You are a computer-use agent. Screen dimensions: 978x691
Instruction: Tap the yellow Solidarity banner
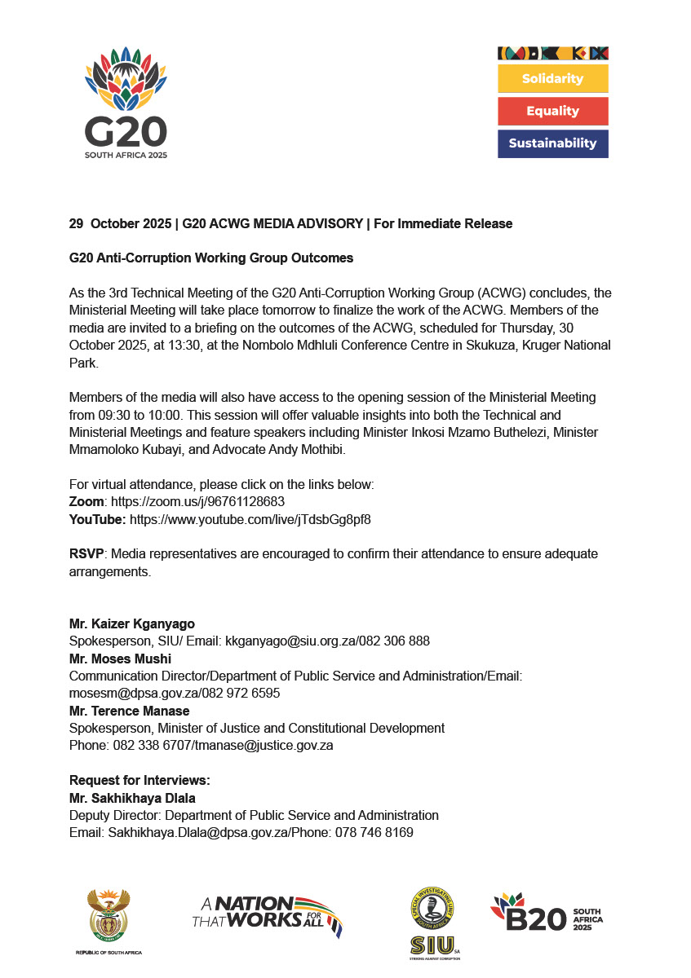(552, 79)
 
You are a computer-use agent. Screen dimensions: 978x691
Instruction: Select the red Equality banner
(552, 111)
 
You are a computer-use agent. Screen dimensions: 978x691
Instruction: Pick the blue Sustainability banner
(552, 143)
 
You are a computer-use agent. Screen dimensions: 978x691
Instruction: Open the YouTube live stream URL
(250, 519)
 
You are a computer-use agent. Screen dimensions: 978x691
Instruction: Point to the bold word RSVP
(86, 554)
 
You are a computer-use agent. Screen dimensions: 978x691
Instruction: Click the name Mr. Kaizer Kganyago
(132, 624)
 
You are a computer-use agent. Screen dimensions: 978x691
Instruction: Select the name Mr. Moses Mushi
(120, 659)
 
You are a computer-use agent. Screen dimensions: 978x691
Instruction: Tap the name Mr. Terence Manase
(129, 711)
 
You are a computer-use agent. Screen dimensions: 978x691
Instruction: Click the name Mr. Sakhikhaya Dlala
(132, 798)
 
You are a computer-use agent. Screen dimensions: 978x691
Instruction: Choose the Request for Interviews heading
(140, 781)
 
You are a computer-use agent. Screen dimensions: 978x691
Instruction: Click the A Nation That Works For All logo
(267, 914)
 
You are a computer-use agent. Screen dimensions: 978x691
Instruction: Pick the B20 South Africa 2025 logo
(547, 914)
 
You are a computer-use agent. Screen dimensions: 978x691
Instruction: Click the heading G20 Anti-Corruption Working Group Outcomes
(211, 258)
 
